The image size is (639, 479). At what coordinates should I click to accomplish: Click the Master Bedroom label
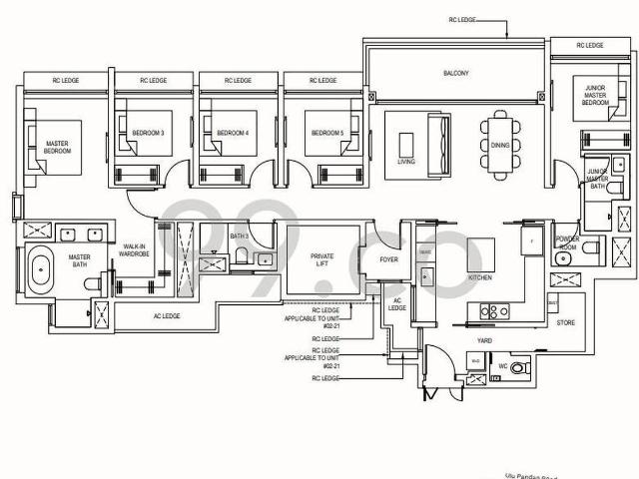click(57, 148)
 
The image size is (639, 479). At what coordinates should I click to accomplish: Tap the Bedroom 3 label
click(147, 133)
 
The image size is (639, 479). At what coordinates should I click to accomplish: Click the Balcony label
click(455, 74)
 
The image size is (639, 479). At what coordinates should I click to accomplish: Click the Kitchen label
click(479, 278)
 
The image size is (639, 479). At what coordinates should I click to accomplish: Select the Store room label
click(564, 322)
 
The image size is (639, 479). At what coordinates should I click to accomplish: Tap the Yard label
click(485, 338)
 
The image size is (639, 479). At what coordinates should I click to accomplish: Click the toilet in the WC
click(517, 368)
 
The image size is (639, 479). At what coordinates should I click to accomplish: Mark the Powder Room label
click(567, 242)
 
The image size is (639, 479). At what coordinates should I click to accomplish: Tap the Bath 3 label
click(239, 237)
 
